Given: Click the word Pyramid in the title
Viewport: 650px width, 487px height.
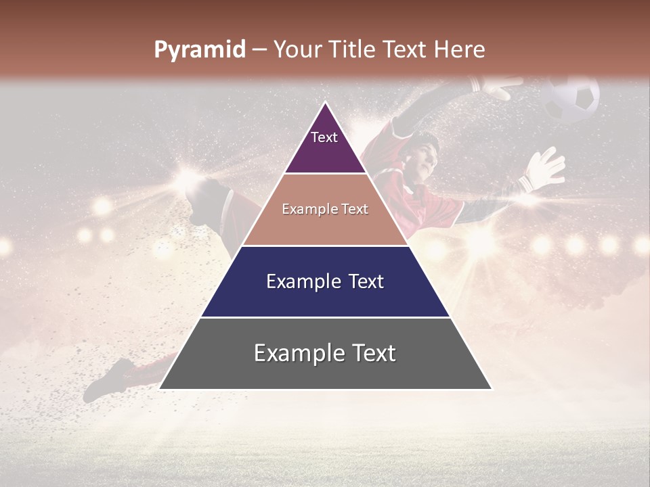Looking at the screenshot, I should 199,50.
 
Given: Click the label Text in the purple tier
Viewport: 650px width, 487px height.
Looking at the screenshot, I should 324,137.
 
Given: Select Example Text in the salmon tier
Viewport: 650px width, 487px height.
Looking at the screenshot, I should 325,209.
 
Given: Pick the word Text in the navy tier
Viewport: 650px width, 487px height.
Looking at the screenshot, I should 364,281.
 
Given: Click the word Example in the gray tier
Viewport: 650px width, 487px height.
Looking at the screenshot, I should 296,353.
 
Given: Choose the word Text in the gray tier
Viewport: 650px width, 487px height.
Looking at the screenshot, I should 372,353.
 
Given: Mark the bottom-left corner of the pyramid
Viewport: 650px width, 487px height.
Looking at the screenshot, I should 160,389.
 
